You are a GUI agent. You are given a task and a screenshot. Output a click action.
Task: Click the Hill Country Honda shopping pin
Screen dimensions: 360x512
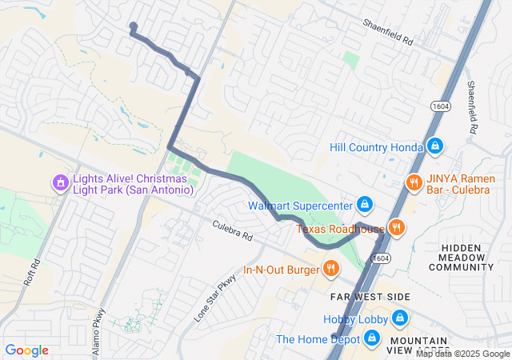click(434, 147)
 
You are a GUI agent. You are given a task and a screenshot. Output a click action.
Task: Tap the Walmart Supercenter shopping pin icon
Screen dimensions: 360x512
click(365, 205)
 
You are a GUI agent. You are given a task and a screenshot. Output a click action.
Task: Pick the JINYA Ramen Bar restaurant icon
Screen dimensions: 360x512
click(414, 182)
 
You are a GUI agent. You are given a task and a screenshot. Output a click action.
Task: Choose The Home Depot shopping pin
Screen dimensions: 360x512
click(371, 339)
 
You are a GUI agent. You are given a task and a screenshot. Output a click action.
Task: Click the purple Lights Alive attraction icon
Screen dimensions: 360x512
click(59, 183)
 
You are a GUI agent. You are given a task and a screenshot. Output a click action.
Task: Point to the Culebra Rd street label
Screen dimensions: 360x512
click(233, 232)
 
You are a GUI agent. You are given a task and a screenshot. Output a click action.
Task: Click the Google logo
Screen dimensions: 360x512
click(27, 350)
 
